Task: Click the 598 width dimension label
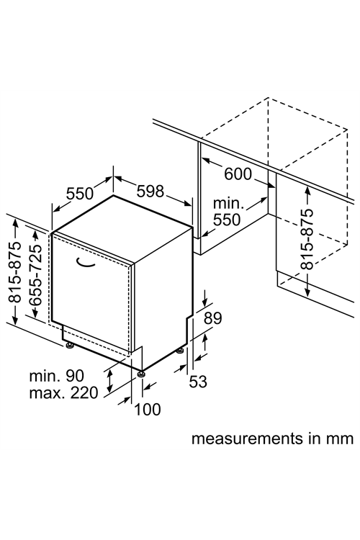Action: click(x=150, y=191)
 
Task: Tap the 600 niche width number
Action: click(x=238, y=174)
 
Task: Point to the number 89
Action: click(x=213, y=318)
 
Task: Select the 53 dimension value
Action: click(x=198, y=382)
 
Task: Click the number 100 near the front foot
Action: click(x=147, y=410)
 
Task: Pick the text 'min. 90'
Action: click(x=56, y=375)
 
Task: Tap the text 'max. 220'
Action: click(x=64, y=392)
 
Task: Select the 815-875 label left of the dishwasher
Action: click(x=14, y=272)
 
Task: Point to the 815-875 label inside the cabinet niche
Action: click(x=307, y=238)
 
